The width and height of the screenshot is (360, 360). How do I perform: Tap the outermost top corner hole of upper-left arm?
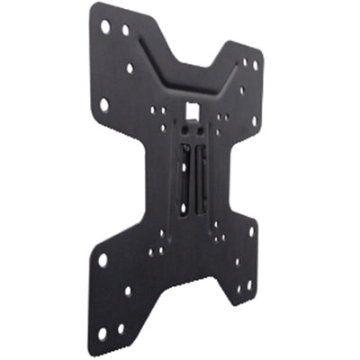coord(106,27)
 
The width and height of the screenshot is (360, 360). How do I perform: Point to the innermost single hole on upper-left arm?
coord(131,67)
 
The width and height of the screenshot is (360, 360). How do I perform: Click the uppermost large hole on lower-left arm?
coord(103,259)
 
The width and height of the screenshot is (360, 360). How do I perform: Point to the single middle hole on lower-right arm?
coord(238,261)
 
